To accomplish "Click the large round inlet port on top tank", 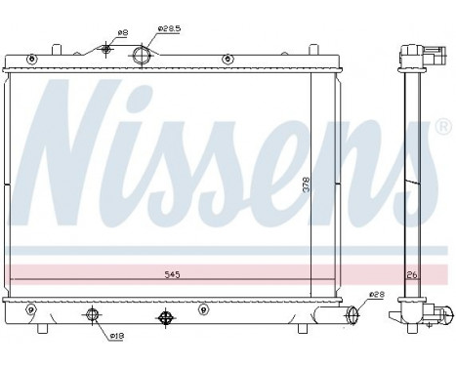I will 143,55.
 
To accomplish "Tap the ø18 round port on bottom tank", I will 93,314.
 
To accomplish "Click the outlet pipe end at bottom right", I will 352,315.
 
